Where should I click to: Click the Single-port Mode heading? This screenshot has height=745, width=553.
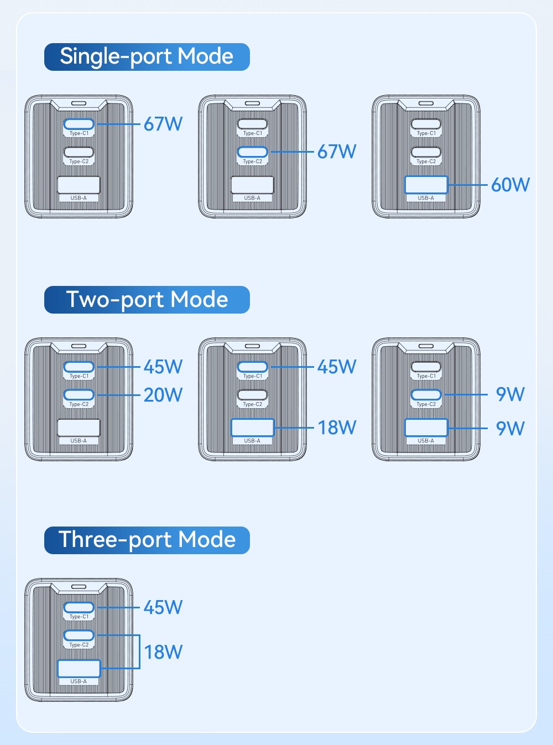(147, 57)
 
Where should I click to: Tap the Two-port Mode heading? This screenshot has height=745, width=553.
(147, 300)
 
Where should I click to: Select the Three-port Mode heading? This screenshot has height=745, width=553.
(147, 540)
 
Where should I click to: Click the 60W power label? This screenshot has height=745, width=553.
(510, 185)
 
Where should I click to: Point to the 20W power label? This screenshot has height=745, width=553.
(163, 395)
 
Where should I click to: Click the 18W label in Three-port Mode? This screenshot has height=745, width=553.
(163, 652)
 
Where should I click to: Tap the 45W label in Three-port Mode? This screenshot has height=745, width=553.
(163, 607)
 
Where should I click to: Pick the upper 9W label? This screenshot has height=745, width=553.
(510, 394)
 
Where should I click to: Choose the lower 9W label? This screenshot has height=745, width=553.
(510, 428)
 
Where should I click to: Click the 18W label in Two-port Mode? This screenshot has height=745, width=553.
(337, 428)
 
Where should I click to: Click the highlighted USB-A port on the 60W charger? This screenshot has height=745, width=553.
(426, 185)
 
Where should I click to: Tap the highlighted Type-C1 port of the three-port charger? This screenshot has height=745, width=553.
(79, 607)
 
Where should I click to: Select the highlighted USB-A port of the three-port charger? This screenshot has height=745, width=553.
(79, 668)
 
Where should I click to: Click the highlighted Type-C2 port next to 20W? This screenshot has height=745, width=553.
(79, 395)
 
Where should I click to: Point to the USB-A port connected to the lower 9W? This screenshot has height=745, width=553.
(426, 428)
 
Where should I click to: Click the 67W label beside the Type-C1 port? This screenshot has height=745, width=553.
(163, 124)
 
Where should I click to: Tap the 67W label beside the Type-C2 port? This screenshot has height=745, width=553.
(337, 152)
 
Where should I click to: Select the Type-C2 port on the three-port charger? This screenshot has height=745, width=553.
(79, 635)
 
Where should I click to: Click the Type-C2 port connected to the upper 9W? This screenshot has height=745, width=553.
(426, 394)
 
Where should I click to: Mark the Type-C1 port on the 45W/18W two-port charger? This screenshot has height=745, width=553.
(252, 367)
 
